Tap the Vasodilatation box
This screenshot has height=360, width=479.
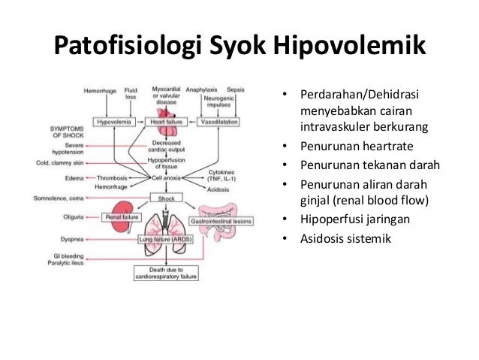coord(220,121)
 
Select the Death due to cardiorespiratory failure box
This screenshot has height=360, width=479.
coord(165,272)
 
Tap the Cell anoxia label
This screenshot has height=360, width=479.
coord(167,178)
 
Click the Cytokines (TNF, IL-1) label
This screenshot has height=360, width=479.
coord(221,175)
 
